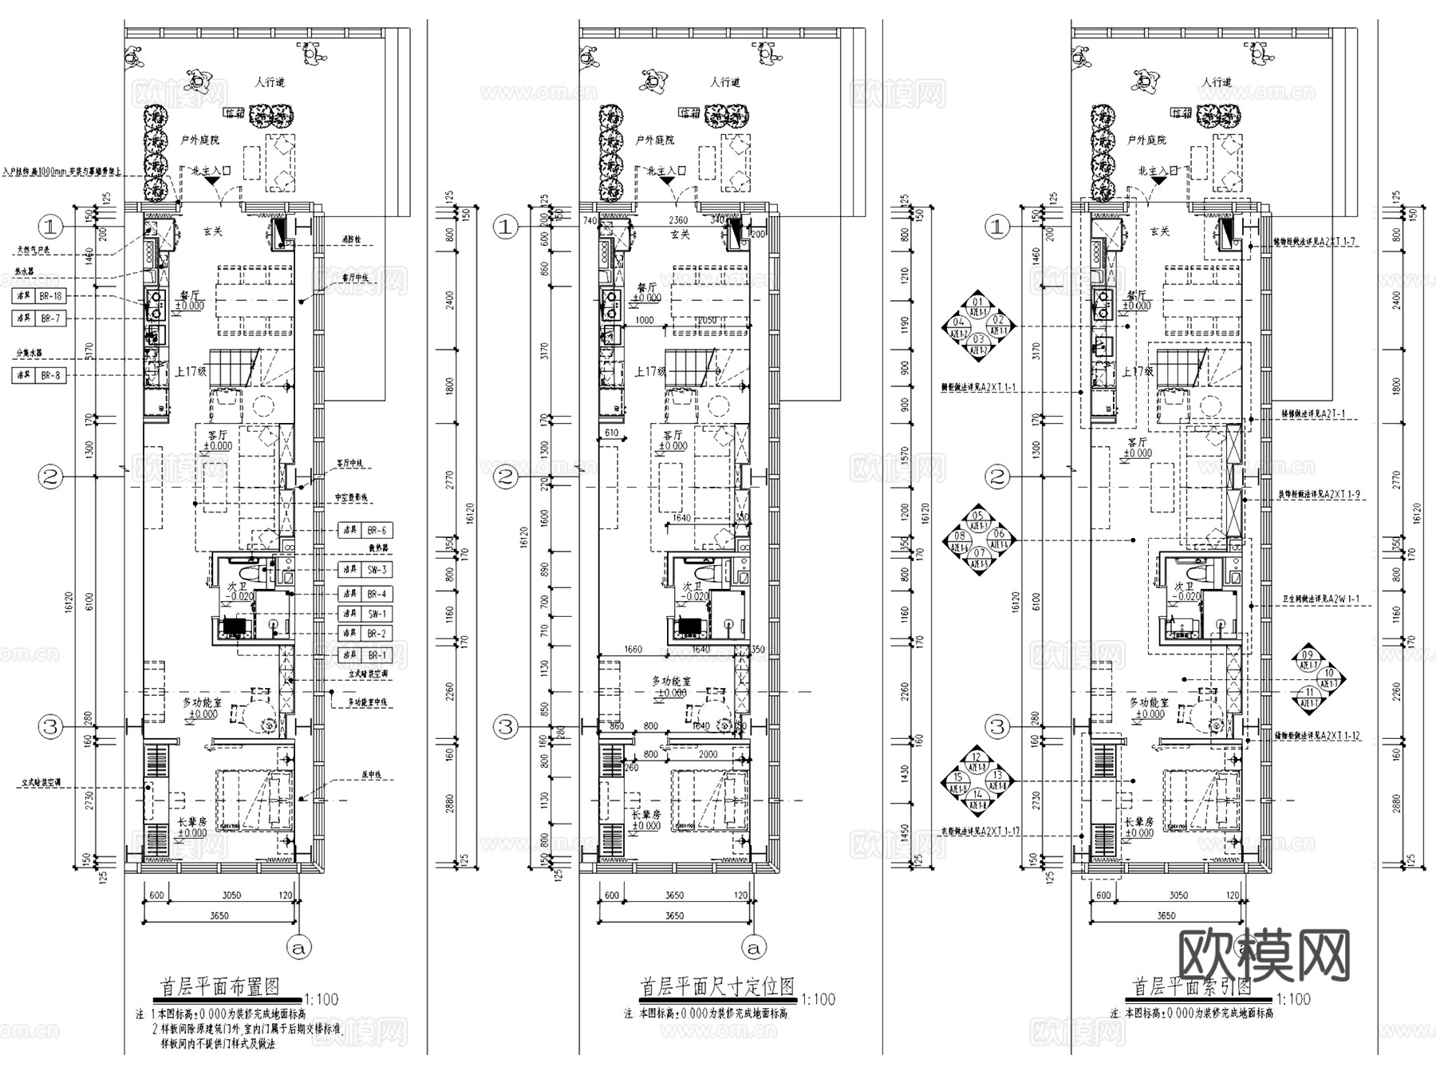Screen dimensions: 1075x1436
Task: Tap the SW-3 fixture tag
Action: coord(377,570)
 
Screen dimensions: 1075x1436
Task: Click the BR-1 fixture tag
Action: coord(377,655)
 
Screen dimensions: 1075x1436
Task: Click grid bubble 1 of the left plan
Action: coord(50,227)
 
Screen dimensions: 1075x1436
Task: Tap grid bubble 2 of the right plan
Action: coord(997,477)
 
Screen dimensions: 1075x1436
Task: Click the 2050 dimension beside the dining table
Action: coord(707,320)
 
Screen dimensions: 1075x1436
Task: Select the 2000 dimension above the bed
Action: coord(707,754)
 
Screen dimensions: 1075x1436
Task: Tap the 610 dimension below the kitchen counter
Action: coord(611,433)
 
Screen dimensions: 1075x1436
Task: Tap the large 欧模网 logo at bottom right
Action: coord(1264,955)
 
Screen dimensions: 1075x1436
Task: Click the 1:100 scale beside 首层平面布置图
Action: coord(322,999)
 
